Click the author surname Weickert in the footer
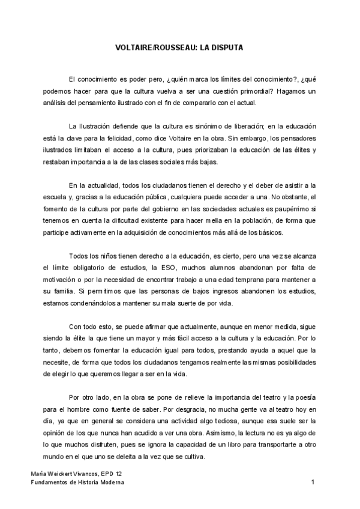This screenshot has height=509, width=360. coord(55,474)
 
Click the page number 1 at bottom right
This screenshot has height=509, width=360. coord(313,482)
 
